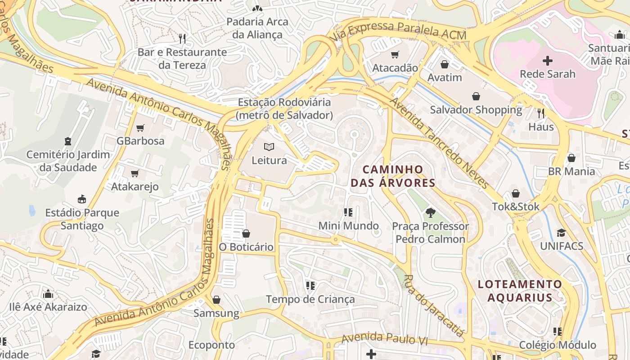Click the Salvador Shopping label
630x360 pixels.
click(476, 110)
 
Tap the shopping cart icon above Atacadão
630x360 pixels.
click(395, 55)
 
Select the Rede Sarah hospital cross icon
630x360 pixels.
click(548, 60)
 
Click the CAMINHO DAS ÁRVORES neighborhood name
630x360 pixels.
click(393, 176)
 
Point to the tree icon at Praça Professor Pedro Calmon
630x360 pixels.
click(430, 212)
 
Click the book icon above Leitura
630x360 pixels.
click(269, 147)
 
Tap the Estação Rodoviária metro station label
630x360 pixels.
click(284, 109)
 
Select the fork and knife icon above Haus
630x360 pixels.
click(541, 113)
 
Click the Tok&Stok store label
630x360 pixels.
click(515, 207)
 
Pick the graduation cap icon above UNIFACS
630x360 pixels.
click(561, 233)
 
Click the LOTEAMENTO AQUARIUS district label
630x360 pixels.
click(520, 291)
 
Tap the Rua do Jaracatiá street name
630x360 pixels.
click(433, 306)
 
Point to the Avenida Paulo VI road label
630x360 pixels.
click(384, 339)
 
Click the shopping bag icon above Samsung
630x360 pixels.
click(216, 300)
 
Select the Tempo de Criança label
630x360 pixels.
click(310, 299)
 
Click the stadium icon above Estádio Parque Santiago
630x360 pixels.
click(82, 199)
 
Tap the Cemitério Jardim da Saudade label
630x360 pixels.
click(68, 161)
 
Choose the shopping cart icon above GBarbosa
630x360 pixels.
click(140, 128)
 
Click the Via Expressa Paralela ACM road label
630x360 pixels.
click(399, 31)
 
